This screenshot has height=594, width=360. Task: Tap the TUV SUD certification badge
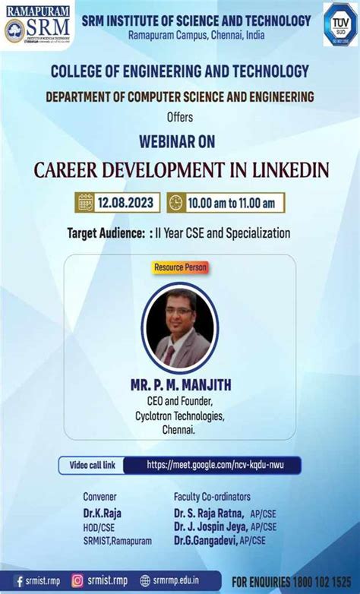339,24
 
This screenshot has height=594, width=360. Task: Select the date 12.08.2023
125,202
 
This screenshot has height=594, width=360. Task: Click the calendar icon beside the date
85,202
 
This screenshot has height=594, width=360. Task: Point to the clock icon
176,202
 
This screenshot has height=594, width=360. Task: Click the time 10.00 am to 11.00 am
234,202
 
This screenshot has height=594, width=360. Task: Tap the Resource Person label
180,267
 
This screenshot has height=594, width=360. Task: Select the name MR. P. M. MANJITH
180,385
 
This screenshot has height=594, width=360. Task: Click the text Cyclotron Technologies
179,415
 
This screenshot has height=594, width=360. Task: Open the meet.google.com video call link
215,464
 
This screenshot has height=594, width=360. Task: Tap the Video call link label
93,464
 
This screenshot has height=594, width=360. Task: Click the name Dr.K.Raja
103,513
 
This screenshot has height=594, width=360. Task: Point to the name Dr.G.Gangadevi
205,539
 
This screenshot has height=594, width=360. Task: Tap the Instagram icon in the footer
77,581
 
